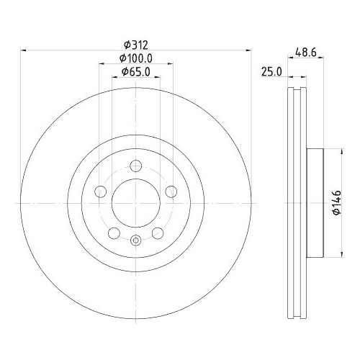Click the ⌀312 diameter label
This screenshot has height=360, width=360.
click(x=136, y=45)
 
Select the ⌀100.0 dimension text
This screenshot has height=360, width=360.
click(x=136, y=58)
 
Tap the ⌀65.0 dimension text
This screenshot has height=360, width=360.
click(x=136, y=72)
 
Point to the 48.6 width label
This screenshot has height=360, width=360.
click(x=306, y=53)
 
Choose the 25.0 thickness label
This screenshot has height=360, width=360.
click(x=271, y=72)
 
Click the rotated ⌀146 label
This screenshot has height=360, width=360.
click(x=337, y=203)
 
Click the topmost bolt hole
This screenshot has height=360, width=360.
click(x=136, y=166)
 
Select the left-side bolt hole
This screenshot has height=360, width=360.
click(x=101, y=192)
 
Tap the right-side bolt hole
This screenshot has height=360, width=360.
click(x=171, y=192)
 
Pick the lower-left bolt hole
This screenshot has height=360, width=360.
click(x=114, y=233)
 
